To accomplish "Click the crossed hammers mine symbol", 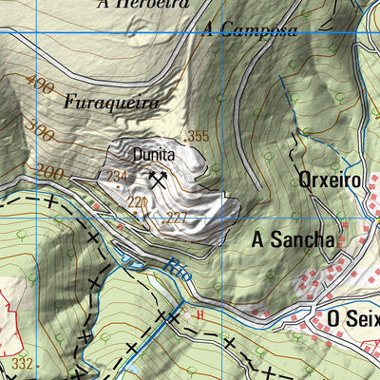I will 158,178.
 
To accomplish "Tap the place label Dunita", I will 154,153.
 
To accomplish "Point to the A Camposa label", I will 249,29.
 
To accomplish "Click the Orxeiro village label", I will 329,180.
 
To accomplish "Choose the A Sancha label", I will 293,240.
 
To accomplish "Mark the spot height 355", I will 197,137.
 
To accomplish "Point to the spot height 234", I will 117,177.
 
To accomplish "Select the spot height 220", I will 137,202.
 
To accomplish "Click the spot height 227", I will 176,218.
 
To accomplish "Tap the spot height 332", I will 24,365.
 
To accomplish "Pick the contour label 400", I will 40,86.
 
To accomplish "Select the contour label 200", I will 49,172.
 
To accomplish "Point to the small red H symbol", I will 200,313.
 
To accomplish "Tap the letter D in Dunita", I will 137,153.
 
